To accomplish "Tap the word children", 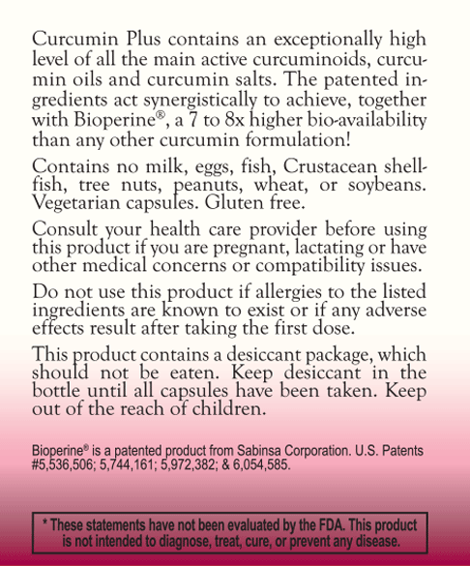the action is tap(221, 409).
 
